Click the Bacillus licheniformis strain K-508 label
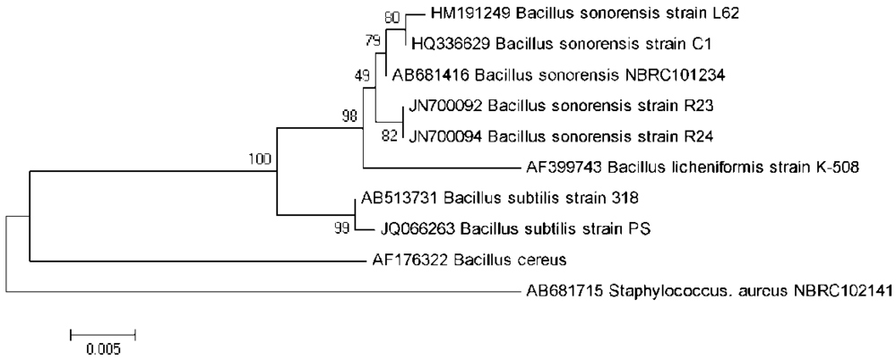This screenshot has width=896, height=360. (x=691, y=167)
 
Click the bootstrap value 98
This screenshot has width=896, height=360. (x=352, y=116)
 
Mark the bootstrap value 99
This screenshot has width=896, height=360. (x=342, y=228)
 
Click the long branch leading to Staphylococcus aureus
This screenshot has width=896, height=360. (x=269, y=291)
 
